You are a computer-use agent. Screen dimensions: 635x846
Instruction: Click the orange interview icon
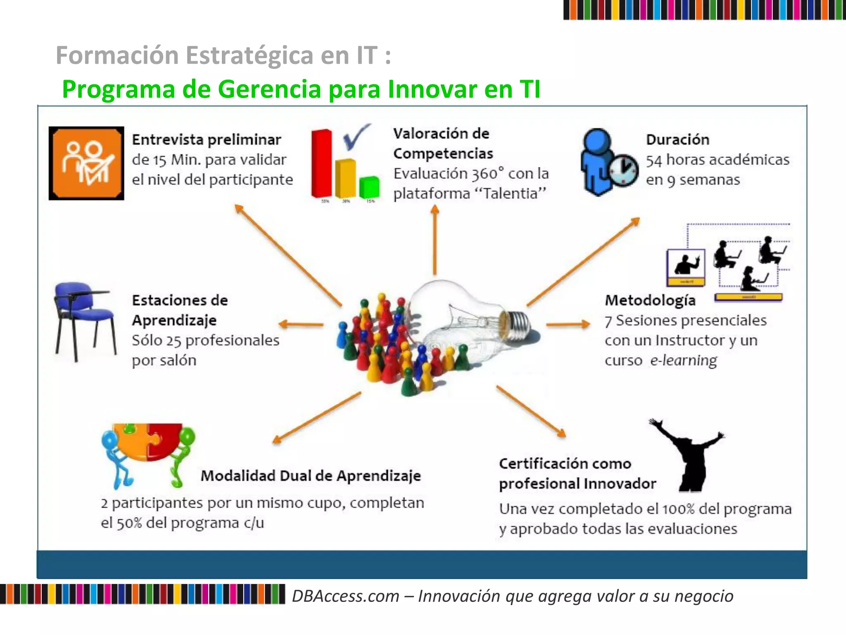tap(86, 163)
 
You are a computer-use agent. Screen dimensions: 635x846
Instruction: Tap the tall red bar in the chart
tap(321, 163)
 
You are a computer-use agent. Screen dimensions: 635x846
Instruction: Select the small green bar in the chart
tap(369, 187)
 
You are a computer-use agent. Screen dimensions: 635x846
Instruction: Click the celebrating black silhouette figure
tap(689, 455)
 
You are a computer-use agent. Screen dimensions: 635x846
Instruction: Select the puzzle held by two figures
tap(148, 442)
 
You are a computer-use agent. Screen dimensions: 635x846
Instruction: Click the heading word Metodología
tap(650, 301)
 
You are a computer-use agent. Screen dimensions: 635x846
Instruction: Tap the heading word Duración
tap(677, 140)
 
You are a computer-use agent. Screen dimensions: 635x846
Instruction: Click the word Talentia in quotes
tap(511, 193)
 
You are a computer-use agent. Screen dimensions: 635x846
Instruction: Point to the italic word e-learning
tap(683, 360)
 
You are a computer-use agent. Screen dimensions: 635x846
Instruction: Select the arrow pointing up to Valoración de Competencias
tap(435, 240)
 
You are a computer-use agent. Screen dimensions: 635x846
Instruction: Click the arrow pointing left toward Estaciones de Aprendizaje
tap(301, 325)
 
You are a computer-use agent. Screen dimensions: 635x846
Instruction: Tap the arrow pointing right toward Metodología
tap(568, 325)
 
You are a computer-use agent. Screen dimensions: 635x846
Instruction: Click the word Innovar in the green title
tap(433, 89)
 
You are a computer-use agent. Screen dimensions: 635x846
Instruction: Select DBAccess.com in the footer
tap(345, 596)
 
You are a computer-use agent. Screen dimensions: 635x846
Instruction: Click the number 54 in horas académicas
tap(654, 160)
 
